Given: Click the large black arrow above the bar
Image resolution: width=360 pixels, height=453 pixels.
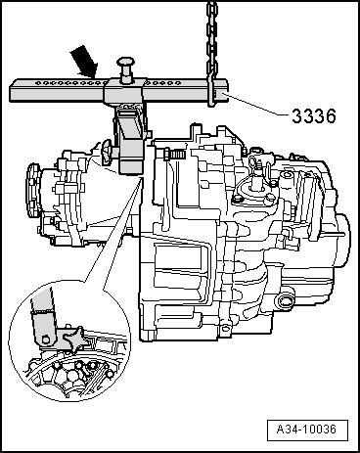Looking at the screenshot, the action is (84, 62).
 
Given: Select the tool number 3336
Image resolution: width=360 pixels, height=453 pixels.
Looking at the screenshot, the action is (313, 116).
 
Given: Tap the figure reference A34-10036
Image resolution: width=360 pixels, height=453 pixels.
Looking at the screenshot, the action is (307, 429).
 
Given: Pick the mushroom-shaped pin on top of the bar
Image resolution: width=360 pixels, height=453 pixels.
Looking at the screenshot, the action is (126, 68).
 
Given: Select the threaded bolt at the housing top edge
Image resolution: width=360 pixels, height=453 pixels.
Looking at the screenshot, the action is (172, 153).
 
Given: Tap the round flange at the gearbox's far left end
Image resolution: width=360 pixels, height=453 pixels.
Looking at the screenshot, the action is (32, 190).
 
